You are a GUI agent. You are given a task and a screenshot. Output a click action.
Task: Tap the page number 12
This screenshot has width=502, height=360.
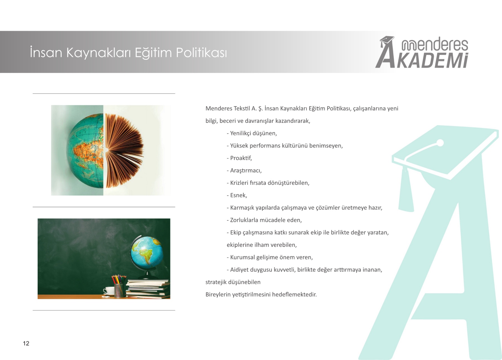click(26, 343)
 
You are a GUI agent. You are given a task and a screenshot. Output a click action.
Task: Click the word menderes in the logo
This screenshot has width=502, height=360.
click(435, 45)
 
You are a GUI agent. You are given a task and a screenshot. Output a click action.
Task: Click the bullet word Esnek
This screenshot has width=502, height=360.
click(238, 195)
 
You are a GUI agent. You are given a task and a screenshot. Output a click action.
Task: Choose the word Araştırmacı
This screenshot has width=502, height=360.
click(246, 171)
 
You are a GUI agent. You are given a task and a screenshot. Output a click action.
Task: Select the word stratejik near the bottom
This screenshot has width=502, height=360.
click(216, 282)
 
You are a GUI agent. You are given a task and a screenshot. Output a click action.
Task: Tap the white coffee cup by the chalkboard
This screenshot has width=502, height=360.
click(108, 290)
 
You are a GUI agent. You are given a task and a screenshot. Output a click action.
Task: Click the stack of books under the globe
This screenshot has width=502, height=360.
click(148, 289)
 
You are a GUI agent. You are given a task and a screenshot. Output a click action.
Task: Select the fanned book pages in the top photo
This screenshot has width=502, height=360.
click(124, 150)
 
